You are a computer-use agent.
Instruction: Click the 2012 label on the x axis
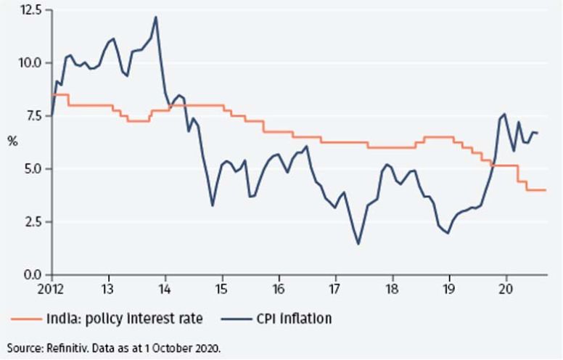51,287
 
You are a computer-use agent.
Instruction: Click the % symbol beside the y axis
12,142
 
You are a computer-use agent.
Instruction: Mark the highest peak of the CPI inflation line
157,17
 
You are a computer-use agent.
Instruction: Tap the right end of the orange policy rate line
546,190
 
